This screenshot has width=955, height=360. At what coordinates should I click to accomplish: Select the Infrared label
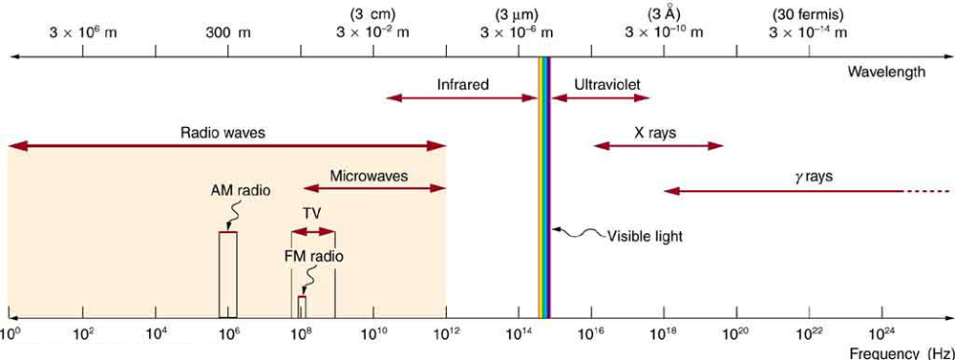click(463, 84)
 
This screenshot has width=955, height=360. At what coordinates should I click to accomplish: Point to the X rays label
click(655, 133)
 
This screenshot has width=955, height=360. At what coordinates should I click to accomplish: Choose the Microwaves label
click(370, 176)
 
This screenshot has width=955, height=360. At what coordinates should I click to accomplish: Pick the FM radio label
click(313, 256)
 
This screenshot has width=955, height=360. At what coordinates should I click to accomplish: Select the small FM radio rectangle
click(302, 307)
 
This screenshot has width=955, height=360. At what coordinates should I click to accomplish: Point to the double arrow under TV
click(313, 231)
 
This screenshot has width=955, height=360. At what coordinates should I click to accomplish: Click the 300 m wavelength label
click(228, 32)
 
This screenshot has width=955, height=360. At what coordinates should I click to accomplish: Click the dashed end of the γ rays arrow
click(923, 192)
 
